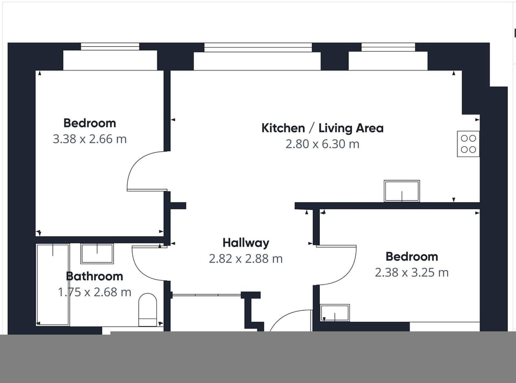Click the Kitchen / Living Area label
322,128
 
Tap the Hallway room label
246,243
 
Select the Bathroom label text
95,276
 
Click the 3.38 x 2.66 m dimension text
90,139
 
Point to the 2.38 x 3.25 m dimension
412,272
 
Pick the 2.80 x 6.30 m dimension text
322,144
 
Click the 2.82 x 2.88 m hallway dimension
246,259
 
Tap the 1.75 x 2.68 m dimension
95,292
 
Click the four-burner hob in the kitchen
468,144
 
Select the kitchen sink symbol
402,191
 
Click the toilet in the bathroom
147,310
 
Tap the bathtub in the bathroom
53,285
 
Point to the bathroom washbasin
97,253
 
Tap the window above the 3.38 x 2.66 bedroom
110,46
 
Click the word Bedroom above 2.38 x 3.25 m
412,256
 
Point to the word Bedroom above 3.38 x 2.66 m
90,123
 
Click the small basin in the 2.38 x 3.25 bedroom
335,313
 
